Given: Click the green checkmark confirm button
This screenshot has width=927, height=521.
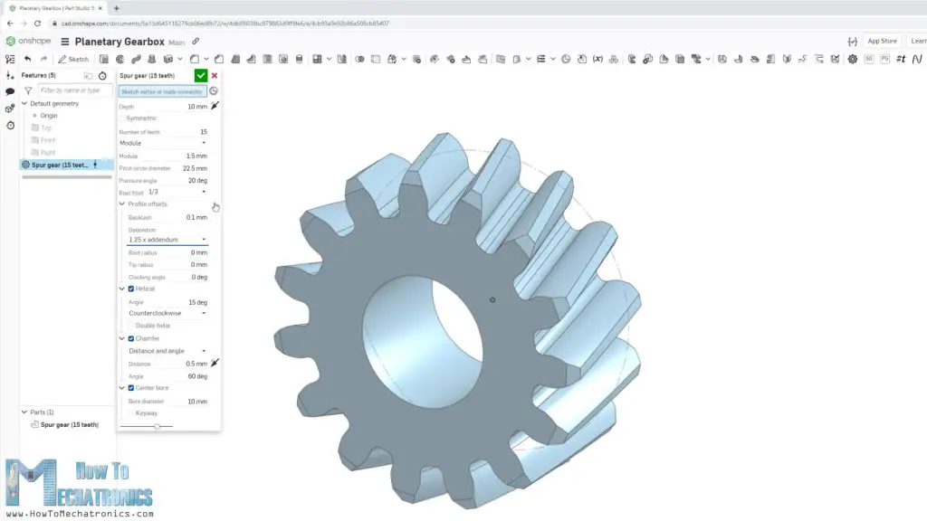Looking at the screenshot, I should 201,76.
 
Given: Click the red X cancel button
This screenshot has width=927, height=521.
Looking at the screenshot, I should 215,76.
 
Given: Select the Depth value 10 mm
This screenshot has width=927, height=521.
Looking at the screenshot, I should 196,107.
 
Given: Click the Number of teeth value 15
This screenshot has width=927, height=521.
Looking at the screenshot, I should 203,132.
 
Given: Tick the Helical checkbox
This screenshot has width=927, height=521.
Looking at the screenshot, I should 131,289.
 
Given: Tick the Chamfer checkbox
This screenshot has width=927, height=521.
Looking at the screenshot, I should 131,338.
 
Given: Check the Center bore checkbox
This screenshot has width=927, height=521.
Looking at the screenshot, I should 131,387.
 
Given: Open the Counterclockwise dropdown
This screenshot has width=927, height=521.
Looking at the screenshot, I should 167,313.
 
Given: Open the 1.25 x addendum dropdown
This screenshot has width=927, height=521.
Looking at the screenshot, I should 167,240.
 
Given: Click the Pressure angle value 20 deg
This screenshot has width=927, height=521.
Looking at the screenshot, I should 197,180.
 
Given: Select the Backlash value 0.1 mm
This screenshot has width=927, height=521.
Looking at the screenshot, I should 196,217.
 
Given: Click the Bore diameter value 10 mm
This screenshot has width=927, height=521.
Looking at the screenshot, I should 196,401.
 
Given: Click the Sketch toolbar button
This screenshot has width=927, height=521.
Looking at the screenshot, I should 73,59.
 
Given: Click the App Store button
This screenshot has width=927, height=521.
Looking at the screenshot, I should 881,41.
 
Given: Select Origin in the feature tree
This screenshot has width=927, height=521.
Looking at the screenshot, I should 48,116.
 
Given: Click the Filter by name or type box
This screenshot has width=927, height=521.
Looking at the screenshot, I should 75,90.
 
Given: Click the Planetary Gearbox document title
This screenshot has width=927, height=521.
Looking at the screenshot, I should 119,42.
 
